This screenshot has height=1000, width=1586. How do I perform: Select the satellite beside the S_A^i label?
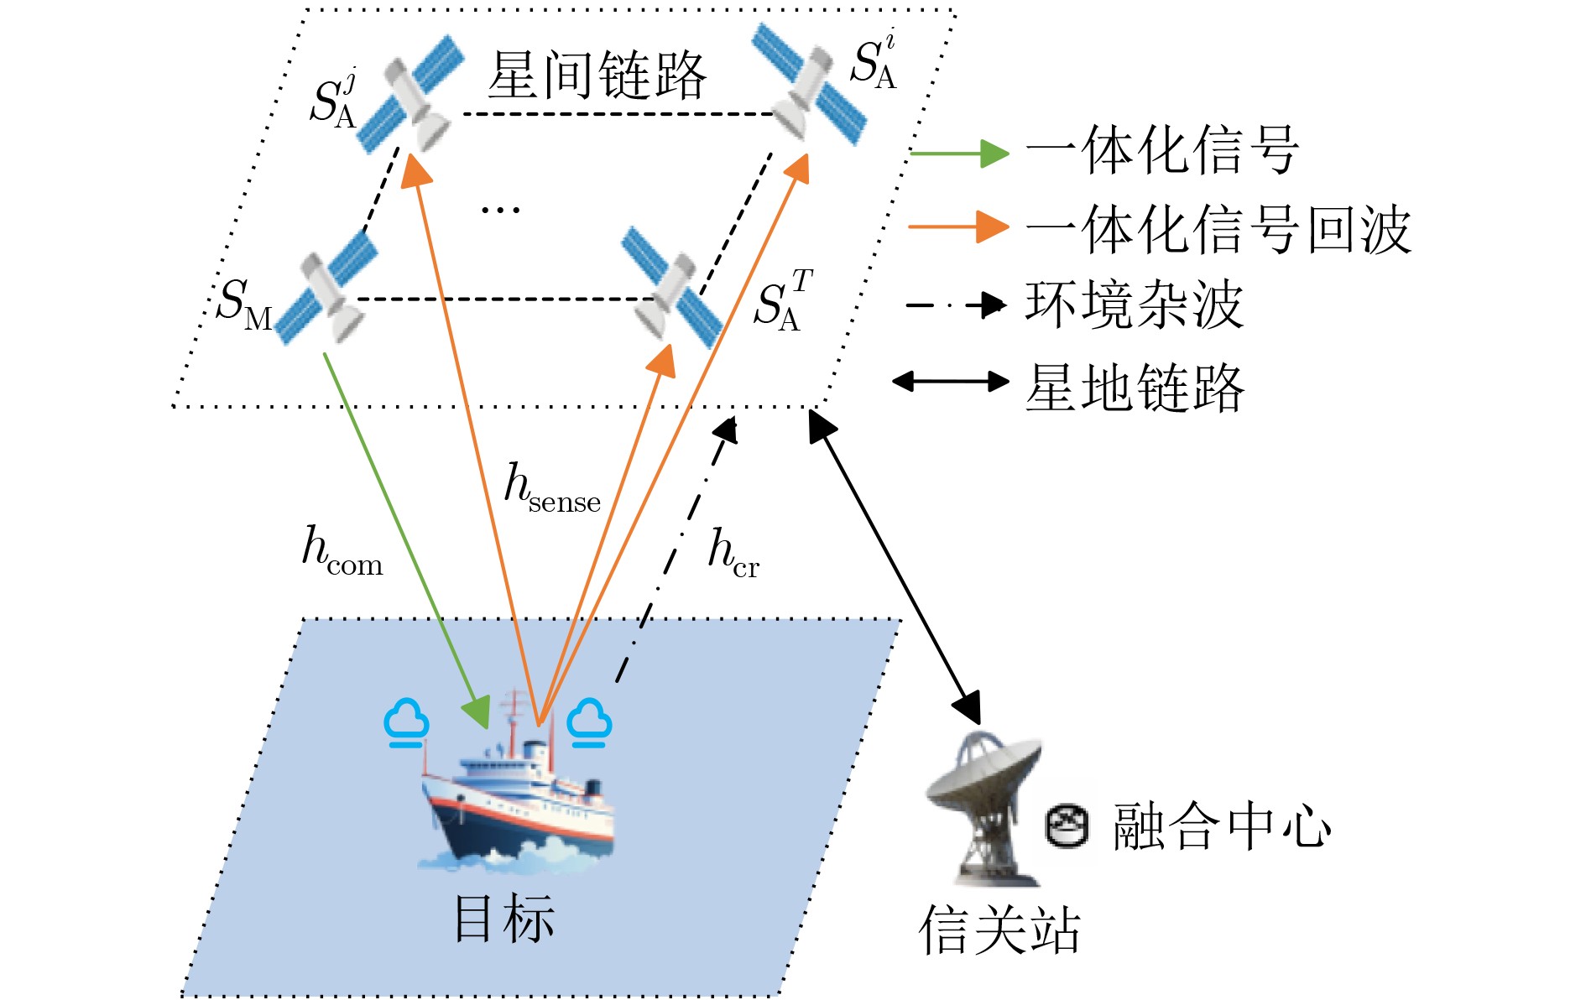807,84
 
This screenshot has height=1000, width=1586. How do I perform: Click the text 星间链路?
597,76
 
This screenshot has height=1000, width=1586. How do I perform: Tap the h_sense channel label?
551,488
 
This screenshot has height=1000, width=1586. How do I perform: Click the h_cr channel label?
733,554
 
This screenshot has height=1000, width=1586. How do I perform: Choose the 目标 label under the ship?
503,919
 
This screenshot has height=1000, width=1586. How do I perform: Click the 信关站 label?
999,930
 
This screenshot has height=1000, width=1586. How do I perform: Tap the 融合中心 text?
1221,826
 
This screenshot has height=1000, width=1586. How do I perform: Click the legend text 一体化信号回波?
1218,229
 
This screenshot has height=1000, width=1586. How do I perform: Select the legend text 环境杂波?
1133,305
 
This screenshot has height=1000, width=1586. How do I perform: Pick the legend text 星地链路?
1133,387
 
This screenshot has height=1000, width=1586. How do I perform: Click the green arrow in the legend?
958,154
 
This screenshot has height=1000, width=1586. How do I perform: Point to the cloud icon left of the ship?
407,722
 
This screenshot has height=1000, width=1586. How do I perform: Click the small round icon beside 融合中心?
1067,826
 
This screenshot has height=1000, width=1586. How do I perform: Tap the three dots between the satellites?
500,209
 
